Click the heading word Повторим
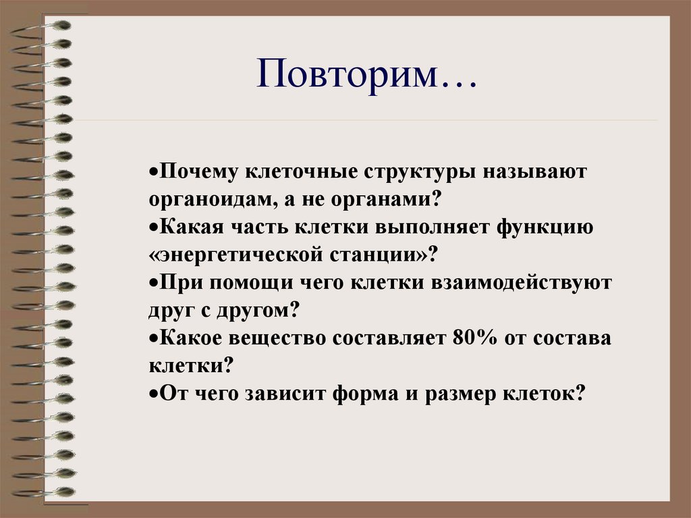pos(348,76)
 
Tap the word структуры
pos(417,172)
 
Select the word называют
pos(534,172)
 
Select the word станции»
pos(391,255)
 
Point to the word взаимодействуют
pos(521,282)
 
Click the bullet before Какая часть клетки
pos(153,227)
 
